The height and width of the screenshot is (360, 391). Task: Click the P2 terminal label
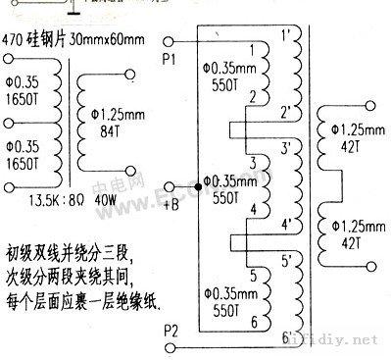coord(168,328)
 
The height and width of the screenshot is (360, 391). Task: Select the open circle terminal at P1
coord(170,41)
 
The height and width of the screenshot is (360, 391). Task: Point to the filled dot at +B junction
coord(200,182)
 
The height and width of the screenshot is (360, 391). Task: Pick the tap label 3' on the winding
coord(285,148)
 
